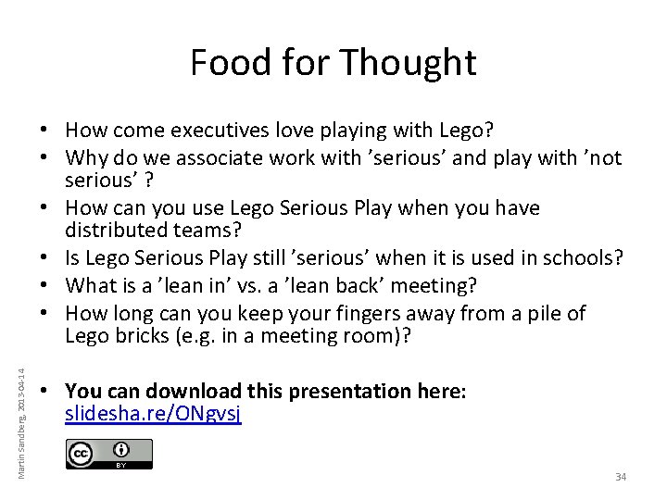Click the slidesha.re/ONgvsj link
tap(154, 414)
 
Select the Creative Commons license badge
tap(109, 454)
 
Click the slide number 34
tap(621, 477)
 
